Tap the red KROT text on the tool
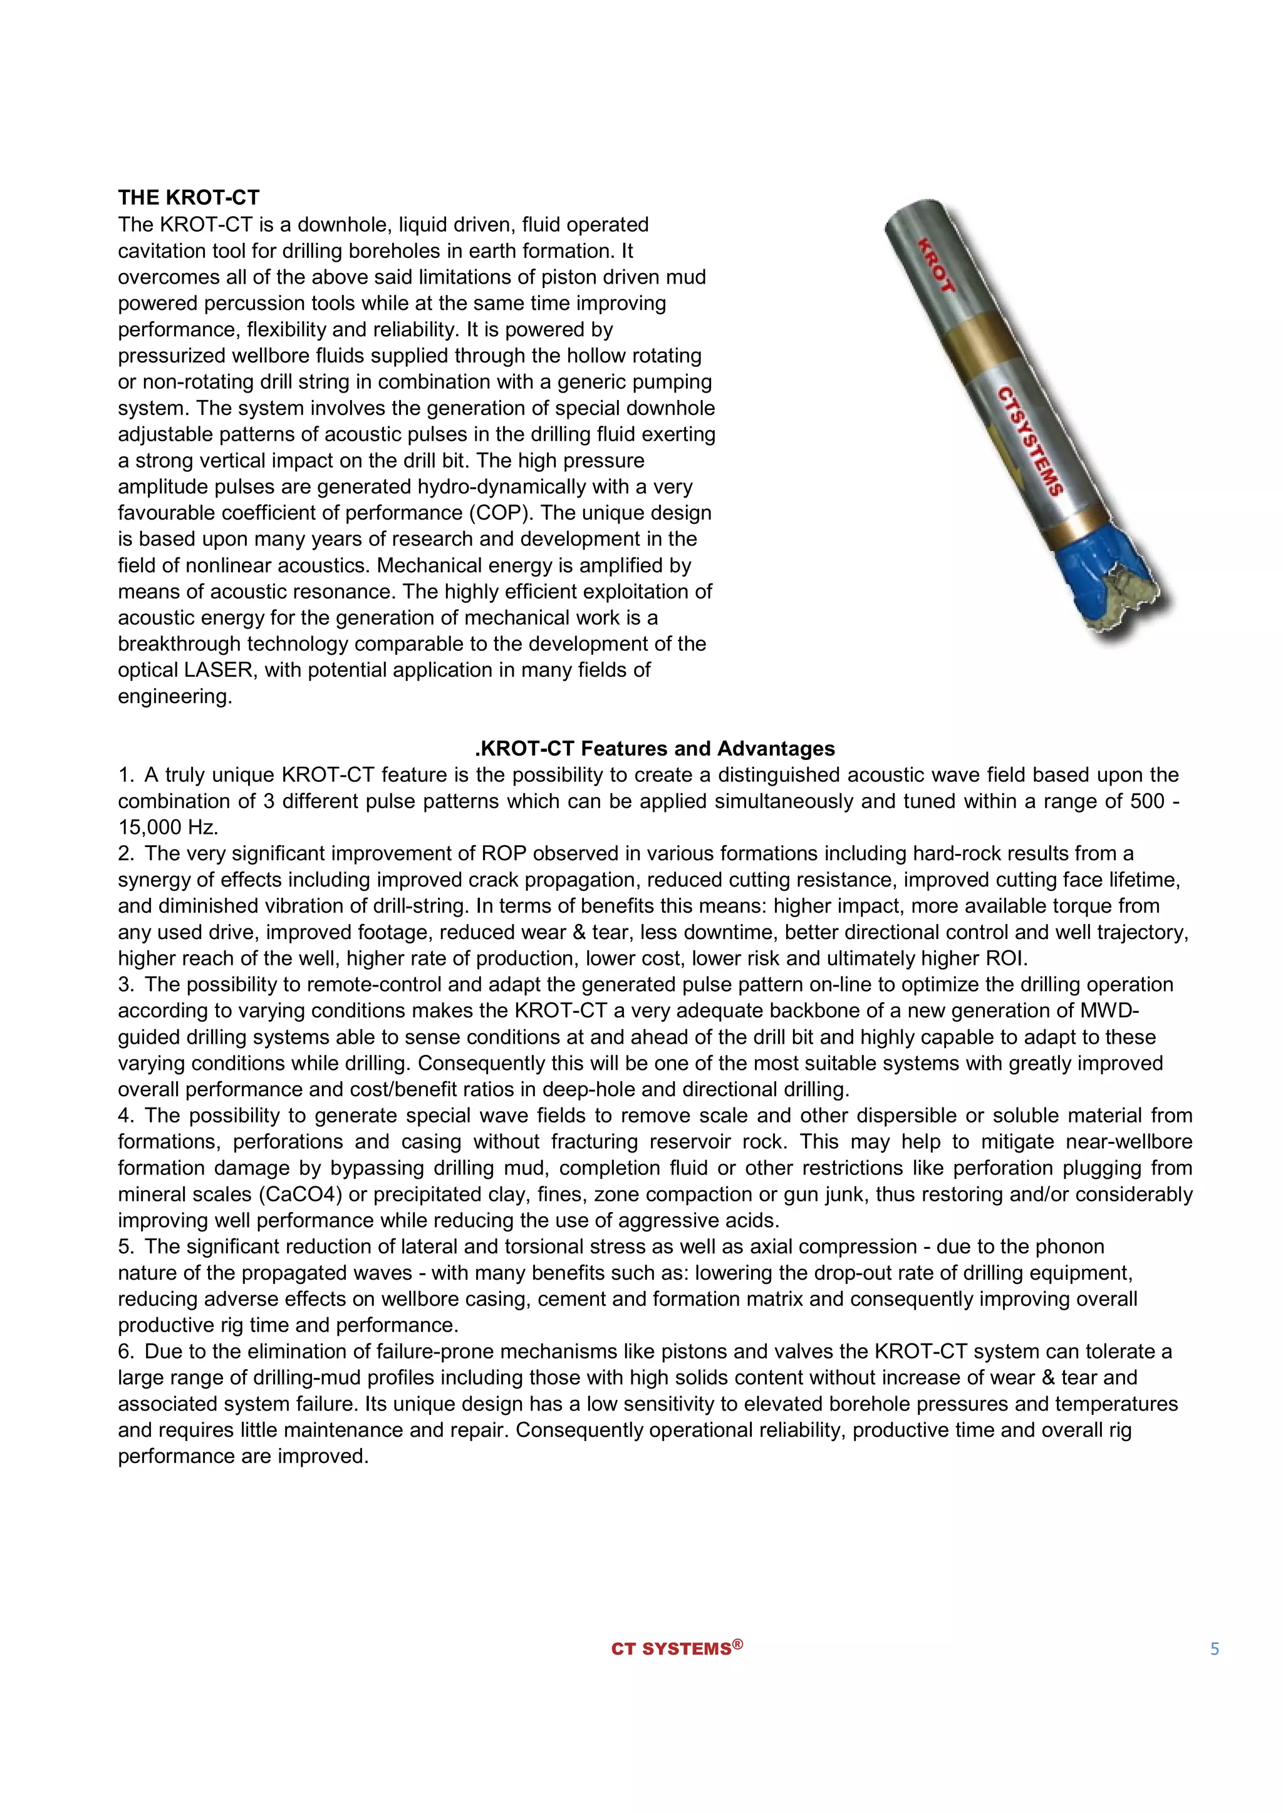pos(936,265)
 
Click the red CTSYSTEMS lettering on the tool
pos(1030,441)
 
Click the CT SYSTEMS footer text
pos(671,1650)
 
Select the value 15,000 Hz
pos(167,828)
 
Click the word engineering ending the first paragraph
pos(175,696)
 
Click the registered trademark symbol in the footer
pos(737,1644)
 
